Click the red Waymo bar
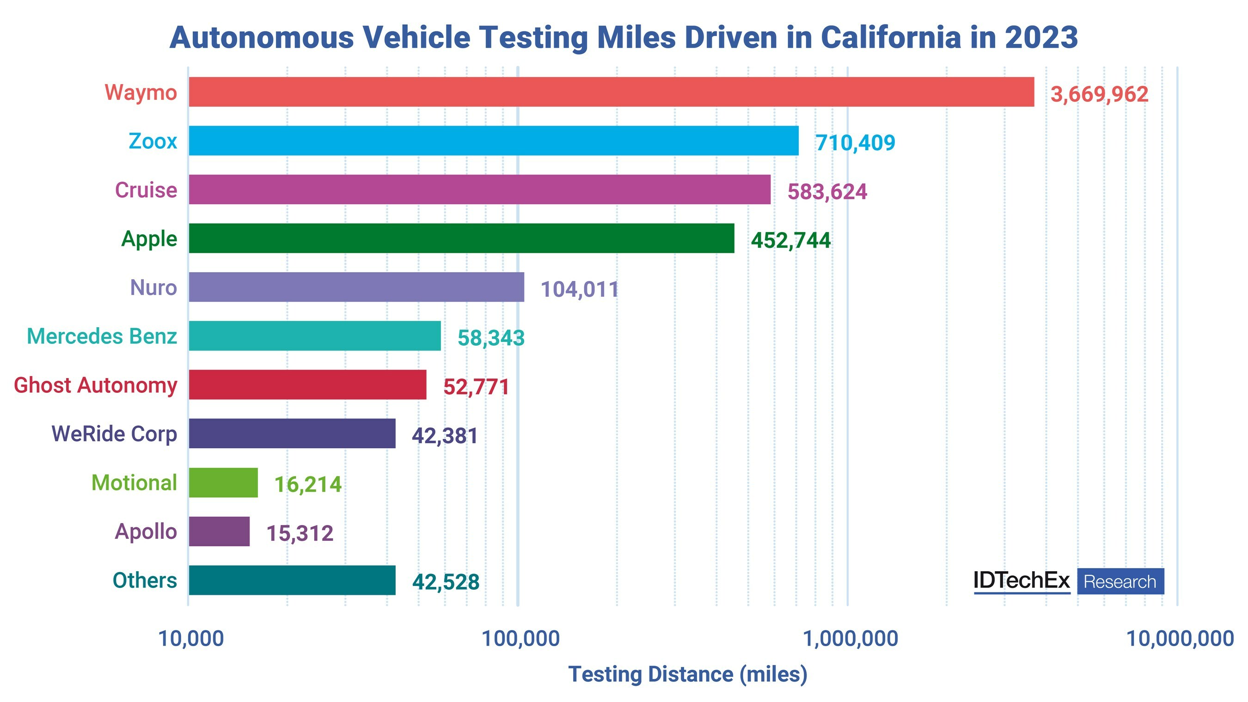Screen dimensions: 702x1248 611,92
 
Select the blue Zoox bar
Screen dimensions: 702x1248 493,140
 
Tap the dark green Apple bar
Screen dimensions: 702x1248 461,238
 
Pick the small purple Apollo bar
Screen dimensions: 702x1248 219,531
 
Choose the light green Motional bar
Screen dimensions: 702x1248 223,482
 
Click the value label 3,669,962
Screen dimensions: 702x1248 1099,94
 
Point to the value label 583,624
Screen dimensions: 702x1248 827,192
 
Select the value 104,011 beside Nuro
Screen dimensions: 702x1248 580,290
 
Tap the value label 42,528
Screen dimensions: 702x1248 446,582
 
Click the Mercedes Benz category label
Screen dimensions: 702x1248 102,336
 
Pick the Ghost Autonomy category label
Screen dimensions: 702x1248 95,385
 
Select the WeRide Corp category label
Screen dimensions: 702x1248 114,434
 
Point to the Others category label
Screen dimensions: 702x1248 144,580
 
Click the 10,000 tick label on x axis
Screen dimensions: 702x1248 191,639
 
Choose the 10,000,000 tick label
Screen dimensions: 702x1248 1180,639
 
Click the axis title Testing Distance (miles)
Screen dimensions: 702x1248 687,674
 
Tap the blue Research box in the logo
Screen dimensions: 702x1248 1120,581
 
